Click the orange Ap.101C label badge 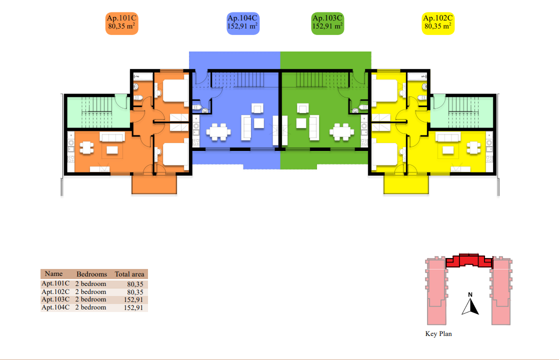point(121,23)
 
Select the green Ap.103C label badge point(327,23)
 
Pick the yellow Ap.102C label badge point(438,23)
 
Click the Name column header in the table point(53,274)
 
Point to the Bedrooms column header point(91,274)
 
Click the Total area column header point(129,274)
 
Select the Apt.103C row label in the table point(55,299)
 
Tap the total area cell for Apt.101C point(135,284)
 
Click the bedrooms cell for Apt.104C point(90,307)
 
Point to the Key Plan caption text point(438,334)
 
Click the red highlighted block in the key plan point(468,261)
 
